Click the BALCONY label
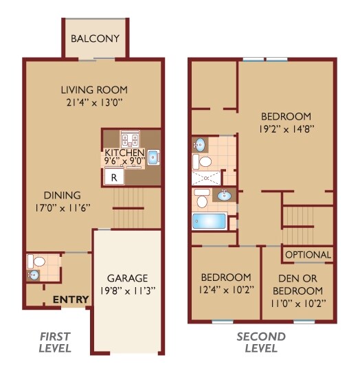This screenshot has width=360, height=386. (95, 38)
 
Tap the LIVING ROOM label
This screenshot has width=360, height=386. (94, 90)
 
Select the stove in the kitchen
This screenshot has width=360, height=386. (129, 139)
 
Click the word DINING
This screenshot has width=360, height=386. (61, 195)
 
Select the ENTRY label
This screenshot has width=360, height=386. (71, 299)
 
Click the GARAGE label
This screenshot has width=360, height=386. (127, 278)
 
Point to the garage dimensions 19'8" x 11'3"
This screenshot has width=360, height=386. (127, 290)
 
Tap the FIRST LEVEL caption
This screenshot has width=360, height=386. (54, 342)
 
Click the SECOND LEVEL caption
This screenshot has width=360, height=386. (260, 342)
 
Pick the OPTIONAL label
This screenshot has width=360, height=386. (308, 255)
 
